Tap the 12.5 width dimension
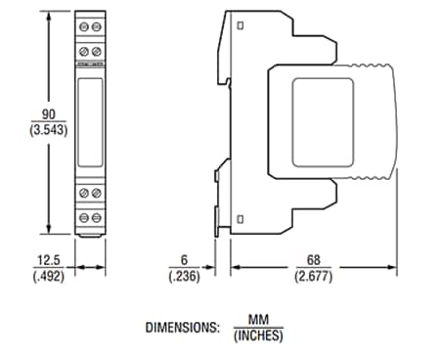46,261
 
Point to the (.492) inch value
46,275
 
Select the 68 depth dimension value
312,261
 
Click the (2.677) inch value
312,275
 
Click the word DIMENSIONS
182,327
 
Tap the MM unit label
257,320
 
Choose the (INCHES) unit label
257,335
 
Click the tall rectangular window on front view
91,123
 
